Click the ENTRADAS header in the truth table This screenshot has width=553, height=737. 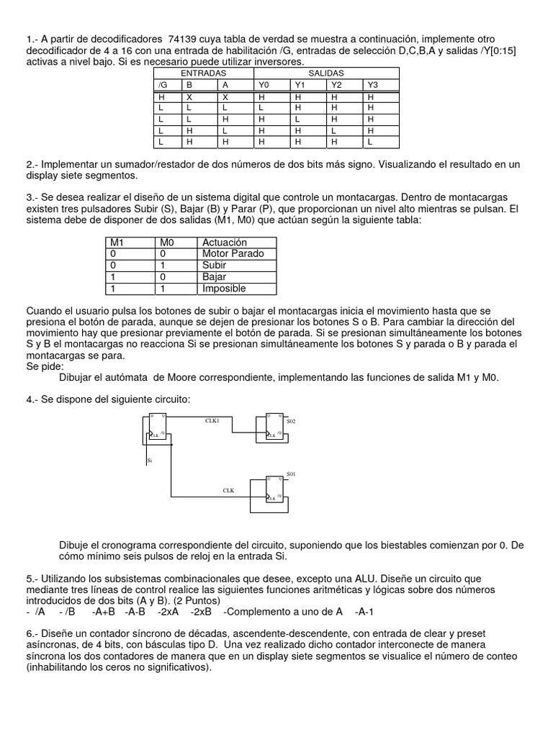(204, 73)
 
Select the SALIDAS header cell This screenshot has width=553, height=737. (326, 73)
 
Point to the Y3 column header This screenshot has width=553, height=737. (372, 85)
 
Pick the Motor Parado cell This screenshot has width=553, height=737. (233, 253)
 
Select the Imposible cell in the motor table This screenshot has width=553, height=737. (224, 289)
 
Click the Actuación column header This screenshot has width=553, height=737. (224, 243)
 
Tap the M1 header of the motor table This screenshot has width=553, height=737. (117, 243)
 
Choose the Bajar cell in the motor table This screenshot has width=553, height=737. (214, 277)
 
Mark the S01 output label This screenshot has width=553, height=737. (291, 474)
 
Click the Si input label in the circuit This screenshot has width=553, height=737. (149, 459)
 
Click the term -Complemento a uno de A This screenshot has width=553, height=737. (283, 612)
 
